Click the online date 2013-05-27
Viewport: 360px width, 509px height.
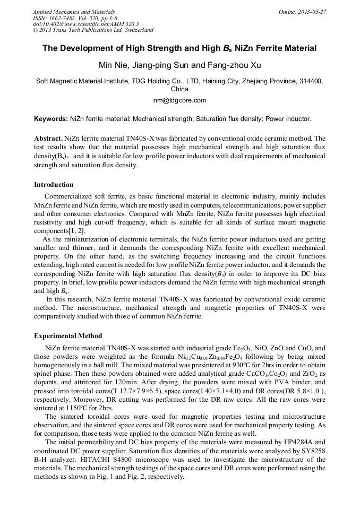click(313, 12)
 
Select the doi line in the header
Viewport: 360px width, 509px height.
click(85, 24)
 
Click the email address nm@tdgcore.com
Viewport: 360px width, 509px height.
click(179, 100)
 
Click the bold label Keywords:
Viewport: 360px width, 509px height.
click(51, 119)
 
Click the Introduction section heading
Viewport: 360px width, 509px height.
click(54, 185)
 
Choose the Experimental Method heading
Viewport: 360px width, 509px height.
click(68, 336)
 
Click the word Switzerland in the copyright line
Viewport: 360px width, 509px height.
click(135, 30)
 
